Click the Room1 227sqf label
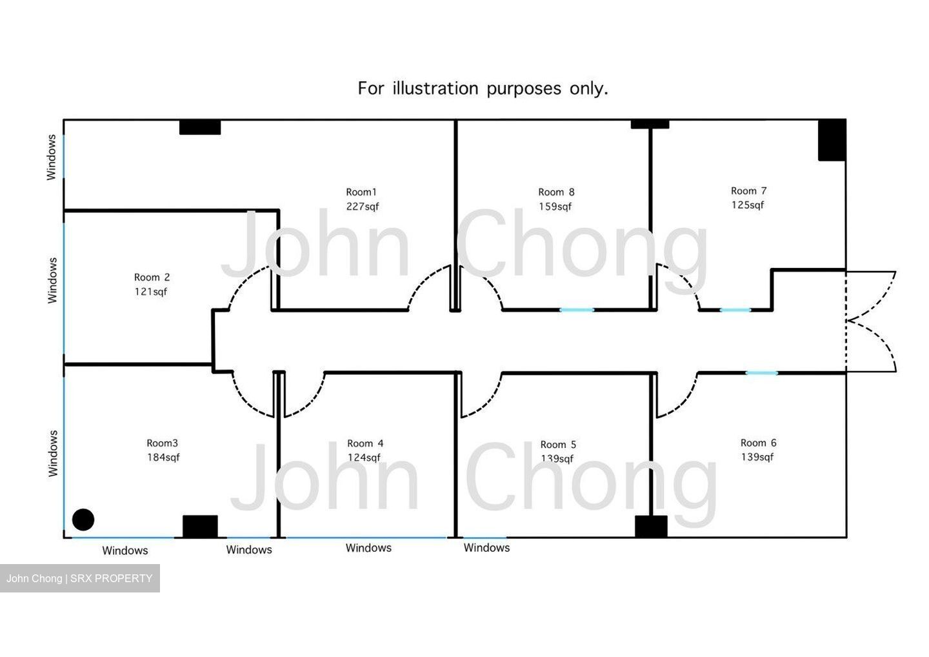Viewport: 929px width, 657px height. click(x=362, y=199)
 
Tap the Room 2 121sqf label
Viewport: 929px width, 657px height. click(x=152, y=285)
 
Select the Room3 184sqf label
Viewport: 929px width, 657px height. click(x=163, y=450)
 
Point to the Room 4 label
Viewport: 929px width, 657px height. click(x=365, y=443)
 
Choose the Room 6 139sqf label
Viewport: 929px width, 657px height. click(x=758, y=450)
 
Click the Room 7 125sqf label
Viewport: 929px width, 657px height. click(x=748, y=198)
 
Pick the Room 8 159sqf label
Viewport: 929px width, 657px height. click(x=556, y=199)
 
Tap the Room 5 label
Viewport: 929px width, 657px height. click(x=558, y=445)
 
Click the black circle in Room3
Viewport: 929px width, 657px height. click(x=83, y=520)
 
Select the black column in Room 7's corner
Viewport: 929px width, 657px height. click(x=832, y=140)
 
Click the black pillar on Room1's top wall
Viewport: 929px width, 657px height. click(x=200, y=127)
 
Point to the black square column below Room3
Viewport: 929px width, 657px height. click(x=200, y=527)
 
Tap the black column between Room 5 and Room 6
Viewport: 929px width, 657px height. click(x=651, y=527)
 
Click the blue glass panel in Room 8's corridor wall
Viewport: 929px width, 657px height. click(x=577, y=310)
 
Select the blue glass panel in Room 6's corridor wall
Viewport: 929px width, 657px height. click(x=761, y=373)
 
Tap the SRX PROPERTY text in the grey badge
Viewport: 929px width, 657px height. click(x=111, y=578)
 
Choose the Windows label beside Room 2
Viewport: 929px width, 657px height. click(x=52, y=280)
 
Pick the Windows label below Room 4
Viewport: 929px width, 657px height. click(x=368, y=548)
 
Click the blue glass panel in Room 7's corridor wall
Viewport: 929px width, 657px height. click(x=735, y=310)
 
